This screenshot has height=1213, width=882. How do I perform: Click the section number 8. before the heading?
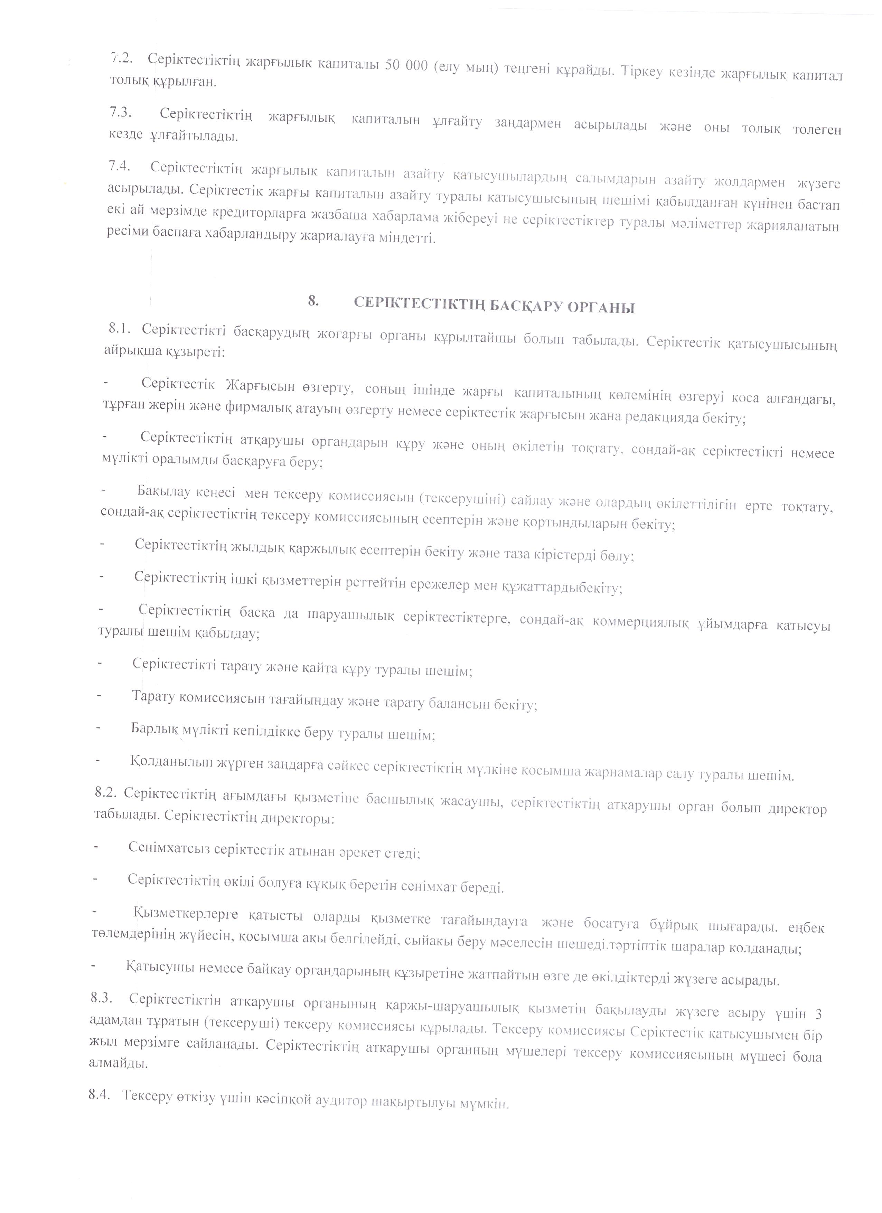[x=313, y=301]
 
